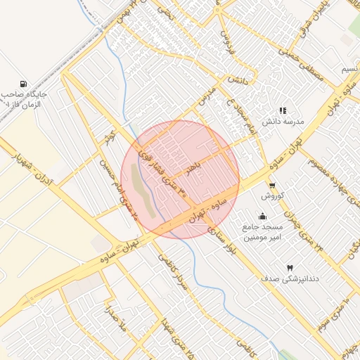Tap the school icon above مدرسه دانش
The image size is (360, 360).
283,110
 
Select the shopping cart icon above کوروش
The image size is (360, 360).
271,186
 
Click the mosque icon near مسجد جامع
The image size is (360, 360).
262,216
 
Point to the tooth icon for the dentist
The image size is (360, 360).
289,268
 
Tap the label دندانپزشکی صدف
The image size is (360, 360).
290,279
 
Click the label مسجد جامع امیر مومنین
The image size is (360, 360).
262,233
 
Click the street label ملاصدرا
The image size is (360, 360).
111,320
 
